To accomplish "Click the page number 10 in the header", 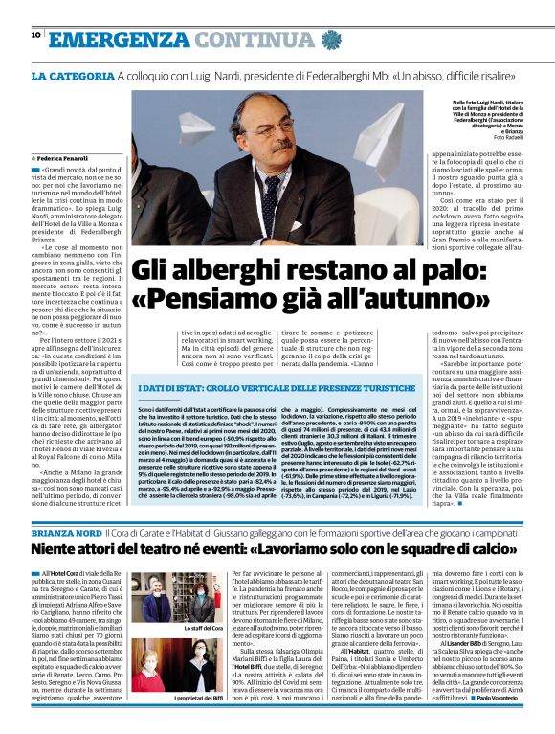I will click(35, 35).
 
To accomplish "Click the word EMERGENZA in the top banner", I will click(113, 38).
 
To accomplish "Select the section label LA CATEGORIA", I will click(72, 76).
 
